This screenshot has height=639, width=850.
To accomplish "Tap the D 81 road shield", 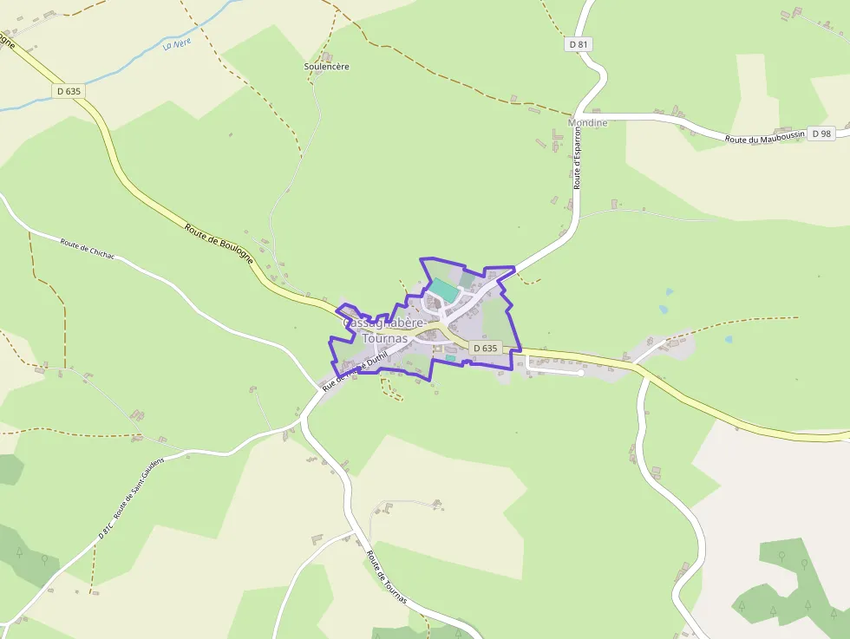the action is click(x=578, y=44).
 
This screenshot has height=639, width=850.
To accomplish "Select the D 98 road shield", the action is click(x=820, y=134).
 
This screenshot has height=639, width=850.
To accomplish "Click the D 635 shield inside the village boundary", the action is click(x=485, y=348).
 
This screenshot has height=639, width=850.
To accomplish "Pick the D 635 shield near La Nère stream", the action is click(x=69, y=90).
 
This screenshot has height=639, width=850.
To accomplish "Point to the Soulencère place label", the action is click(x=327, y=66).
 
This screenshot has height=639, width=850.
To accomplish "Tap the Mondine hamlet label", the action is click(x=587, y=123).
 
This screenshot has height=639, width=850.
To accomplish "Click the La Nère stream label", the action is click(x=176, y=42).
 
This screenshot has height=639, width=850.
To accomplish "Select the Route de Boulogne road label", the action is click(x=219, y=242).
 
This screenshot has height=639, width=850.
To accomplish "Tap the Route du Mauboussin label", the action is click(x=765, y=139).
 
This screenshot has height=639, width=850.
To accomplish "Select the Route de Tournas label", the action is click(x=387, y=577).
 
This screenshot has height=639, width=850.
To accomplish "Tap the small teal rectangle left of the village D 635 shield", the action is click(x=450, y=357).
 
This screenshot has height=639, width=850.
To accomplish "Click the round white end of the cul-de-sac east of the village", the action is click(x=580, y=373).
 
